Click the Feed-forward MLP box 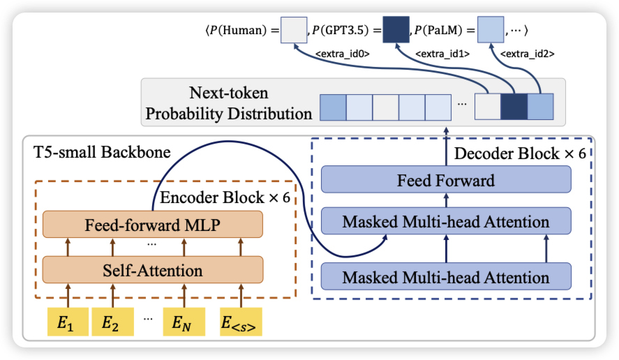[x=153, y=225]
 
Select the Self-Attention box [x=153, y=269]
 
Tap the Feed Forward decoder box [x=445, y=180]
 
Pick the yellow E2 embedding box [x=110, y=322]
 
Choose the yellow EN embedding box [x=184, y=322]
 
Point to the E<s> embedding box [x=240, y=322]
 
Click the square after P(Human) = [x=294, y=31]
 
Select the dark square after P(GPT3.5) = [x=396, y=31]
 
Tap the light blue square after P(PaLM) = [x=490, y=31]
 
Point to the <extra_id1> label [x=442, y=53]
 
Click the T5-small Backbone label [x=102, y=151]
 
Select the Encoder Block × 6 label [x=225, y=198]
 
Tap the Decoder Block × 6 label [x=520, y=153]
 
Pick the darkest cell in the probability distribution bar [x=514, y=108]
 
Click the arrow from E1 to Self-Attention [x=67, y=294]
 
